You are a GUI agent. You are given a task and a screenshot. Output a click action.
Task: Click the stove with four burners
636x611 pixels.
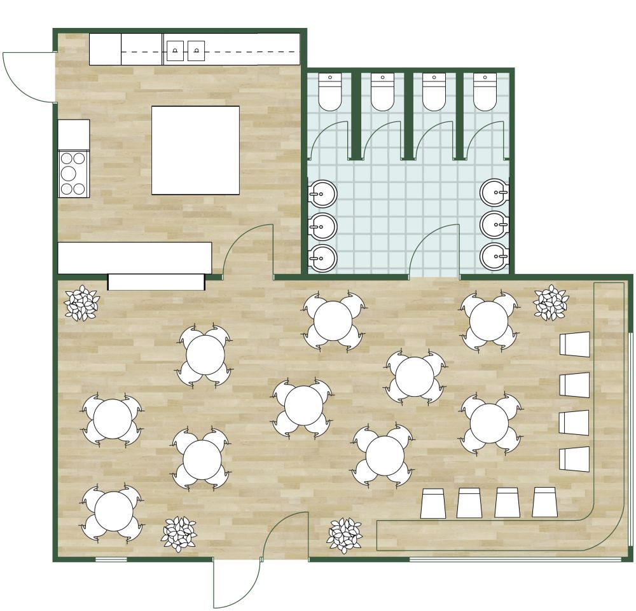[x=73, y=172]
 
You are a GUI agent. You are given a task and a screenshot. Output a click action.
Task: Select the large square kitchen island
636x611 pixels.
[x=195, y=150]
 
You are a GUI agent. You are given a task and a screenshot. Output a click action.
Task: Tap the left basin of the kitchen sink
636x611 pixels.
[x=175, y=50]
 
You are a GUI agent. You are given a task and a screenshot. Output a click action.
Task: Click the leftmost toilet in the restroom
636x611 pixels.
[x=330, y=92]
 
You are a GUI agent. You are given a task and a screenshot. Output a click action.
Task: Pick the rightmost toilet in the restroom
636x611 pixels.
[x=485, y=92]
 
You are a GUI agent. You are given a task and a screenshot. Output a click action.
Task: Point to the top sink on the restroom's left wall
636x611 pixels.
[x=323, y=194]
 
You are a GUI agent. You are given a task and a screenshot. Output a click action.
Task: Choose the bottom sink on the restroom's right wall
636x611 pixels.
[x=494, y=257]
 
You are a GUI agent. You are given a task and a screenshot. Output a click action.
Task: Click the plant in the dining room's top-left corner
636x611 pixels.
[x=82, y=303]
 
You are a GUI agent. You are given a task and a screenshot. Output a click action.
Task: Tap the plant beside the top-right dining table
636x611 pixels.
[x=551, y=302]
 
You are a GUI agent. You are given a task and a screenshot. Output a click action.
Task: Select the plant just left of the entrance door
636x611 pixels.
[x=179, y=533]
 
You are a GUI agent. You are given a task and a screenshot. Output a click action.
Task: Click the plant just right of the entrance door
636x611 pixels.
[x=344, y=535]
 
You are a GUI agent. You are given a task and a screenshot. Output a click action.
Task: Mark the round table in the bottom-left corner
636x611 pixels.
[x=114, y=511]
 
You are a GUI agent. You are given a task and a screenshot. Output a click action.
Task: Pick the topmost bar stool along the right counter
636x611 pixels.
[x=575, y=344]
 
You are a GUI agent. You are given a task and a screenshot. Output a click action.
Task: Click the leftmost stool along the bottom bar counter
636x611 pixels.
[x=433, y=504]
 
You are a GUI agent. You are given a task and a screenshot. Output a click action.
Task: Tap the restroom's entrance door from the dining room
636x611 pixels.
[x=434, y=251]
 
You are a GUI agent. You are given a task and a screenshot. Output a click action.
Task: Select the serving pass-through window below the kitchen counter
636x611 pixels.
[x=156, y=282]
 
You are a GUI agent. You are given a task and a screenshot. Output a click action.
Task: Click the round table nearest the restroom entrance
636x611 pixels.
[x=415, y=376]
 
